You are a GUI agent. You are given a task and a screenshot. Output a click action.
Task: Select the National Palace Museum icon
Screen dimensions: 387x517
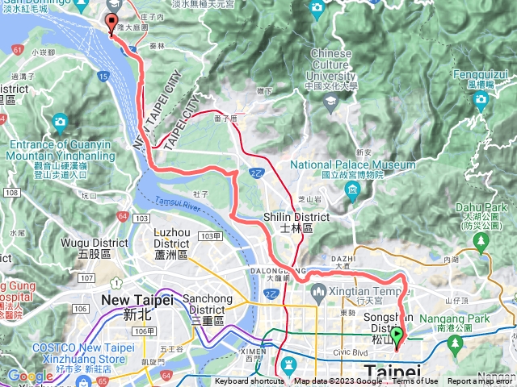pos(351,191)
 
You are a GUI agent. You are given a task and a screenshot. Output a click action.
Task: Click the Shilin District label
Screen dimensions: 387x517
pos(296,223)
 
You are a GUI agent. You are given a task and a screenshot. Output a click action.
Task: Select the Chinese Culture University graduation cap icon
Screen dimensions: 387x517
pos(330,101)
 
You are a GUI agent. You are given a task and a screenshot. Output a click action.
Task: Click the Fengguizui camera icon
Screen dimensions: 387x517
pos(481,100)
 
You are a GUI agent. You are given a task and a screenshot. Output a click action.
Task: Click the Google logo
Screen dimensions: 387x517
pos(29,376)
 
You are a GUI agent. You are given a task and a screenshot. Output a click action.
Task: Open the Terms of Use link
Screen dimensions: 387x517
pos(415,381)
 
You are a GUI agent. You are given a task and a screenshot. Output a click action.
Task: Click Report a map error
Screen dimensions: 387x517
pos(481,381)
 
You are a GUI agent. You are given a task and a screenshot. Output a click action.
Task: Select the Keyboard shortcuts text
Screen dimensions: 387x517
pos(250,381)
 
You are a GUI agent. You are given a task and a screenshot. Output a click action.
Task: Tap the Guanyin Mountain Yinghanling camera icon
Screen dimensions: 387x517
pos(60,123)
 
